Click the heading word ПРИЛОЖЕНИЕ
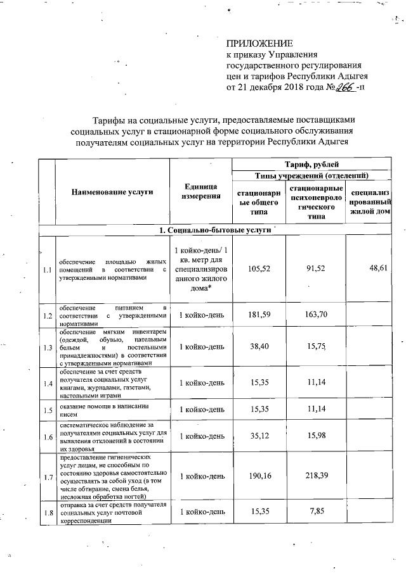(260, 44)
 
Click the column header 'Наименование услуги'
(112, 192)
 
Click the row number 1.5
(47, 410)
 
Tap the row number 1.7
(47, 475)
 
